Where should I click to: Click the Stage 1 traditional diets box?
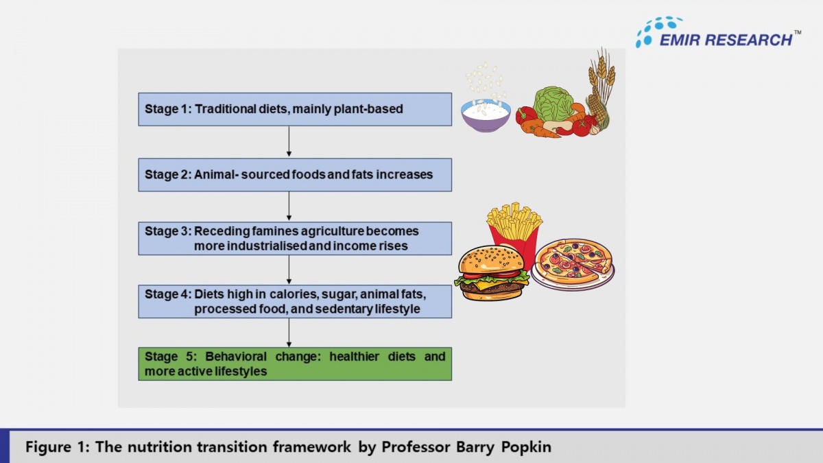coord(295,109)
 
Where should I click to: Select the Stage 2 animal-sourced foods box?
coord(295,175)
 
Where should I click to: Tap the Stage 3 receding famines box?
coord(295,239)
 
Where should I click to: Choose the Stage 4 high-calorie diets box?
coord(295,302)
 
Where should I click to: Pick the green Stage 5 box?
coord(295,364)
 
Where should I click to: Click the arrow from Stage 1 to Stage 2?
coord(289,142)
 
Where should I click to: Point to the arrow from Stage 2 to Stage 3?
coord(289,206)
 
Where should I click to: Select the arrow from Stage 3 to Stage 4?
coord(289,270)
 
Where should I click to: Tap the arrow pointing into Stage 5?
coord(289,333)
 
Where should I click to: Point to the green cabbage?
coord(554,103)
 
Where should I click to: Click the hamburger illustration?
coord(491,274)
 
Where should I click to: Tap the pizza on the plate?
coord(573,263)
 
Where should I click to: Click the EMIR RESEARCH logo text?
coord(726,40)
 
